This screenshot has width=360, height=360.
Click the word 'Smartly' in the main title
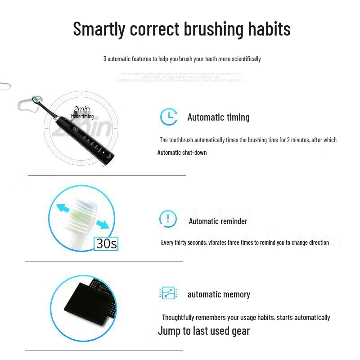pyautogui.click(x=99, y=29)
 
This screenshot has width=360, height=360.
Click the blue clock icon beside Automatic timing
pyautogui.click(x=169, y=117)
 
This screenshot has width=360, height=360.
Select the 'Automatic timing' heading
pyautogui.click(x=218, y=117)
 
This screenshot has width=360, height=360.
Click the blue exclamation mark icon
pyautogui.click(x=168, y=219)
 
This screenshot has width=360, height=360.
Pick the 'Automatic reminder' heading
pyautogui.click(x=218, y=221)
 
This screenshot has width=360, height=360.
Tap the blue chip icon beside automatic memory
pyautogui.click(x=168, y=293)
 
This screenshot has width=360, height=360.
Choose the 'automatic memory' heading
pyautogui.click(x=219, y=294)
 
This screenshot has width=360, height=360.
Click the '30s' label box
pyautogui.click(x=107, y=243)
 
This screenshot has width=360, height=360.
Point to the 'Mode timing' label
pyautogui.click(x=82, y=117)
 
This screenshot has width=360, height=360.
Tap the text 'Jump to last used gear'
pyautogui.click(x=203, y=331)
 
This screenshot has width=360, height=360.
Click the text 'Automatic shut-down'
pyautogui.click(x=182, y=153)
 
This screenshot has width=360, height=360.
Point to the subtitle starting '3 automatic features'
pyautogui.click(x=182, y=59)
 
